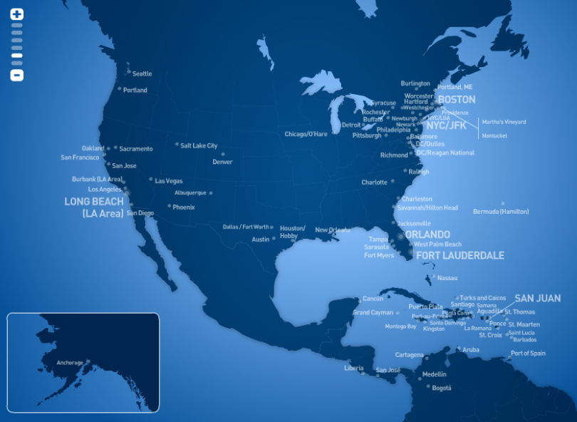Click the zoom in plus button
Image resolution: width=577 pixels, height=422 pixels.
pos(17,14)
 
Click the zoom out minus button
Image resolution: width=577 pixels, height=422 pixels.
pos(17,75)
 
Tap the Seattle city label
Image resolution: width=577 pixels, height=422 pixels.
pos(142,73)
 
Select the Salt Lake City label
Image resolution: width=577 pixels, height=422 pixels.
pos(199,145)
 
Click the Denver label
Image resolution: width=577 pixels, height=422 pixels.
pos(222,162)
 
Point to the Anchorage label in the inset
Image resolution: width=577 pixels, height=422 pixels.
pos(70,363)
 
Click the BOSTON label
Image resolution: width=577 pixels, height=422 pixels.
pos(457,100)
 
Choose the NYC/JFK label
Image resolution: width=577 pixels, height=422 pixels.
pos(446,125)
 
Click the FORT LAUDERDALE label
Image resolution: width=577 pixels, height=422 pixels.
pos(460,255)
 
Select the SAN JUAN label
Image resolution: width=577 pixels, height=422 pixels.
pos(537,298)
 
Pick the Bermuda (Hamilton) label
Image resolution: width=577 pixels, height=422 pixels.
pos(501,211)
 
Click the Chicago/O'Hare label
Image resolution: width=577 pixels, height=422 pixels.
pos(306,134)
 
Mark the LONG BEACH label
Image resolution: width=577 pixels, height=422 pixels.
pos(94,202)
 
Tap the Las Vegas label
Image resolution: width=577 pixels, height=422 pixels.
pos(169,181)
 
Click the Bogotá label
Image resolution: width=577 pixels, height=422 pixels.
pos(442,388)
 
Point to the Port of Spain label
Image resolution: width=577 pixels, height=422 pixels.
pos(528,354)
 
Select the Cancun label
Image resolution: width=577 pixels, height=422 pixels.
pos(373,298)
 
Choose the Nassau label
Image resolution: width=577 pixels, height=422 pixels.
pos(447,277)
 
